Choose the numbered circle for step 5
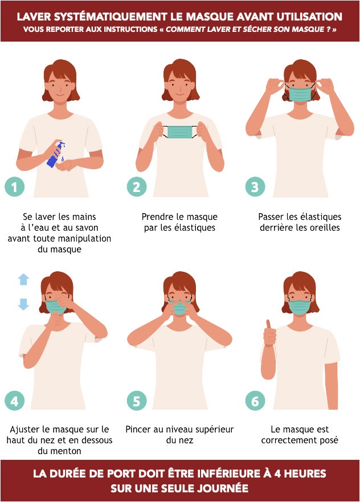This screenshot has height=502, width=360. (x=136, y=401)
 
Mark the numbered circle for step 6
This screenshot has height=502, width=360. (x=255, y=401)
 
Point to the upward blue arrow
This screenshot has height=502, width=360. (x=23, y=279)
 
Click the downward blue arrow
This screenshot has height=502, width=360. (x=23, y=304)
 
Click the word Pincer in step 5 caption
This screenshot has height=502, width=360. (x=139, y=429)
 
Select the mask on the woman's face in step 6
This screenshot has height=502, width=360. (x=300, y=307)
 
